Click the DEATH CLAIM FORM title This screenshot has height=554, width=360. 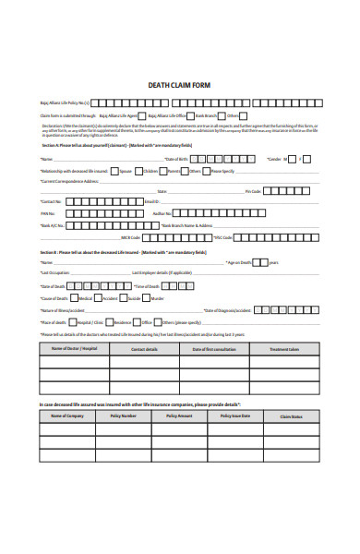(179, 85)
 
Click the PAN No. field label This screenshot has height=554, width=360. (49, 212)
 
